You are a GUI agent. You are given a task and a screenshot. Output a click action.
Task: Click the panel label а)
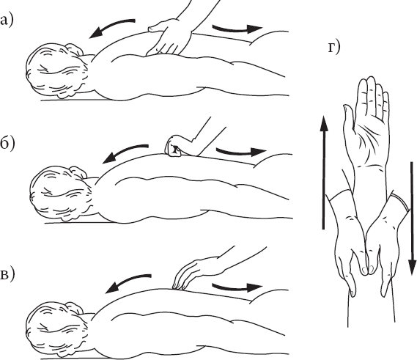(x=6, y=21)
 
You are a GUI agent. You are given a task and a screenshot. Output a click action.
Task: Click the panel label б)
(x=7, y=144)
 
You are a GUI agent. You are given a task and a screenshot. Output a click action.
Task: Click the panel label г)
(x=333, y=48)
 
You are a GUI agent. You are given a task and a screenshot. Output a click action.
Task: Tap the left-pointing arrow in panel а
(x=109, y=26)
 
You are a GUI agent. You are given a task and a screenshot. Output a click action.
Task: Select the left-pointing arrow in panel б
(x=123, y=152)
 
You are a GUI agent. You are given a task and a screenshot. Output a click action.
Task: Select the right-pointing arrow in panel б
(x=240, y=153)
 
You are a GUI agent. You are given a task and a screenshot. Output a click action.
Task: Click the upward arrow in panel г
(x=324, y=172)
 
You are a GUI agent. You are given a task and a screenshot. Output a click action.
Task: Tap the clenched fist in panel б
(x=174, y=147)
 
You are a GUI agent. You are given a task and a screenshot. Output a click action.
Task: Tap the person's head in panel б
(x=61, y=194)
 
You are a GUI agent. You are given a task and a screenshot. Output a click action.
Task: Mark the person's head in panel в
(x=57, y=330)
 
